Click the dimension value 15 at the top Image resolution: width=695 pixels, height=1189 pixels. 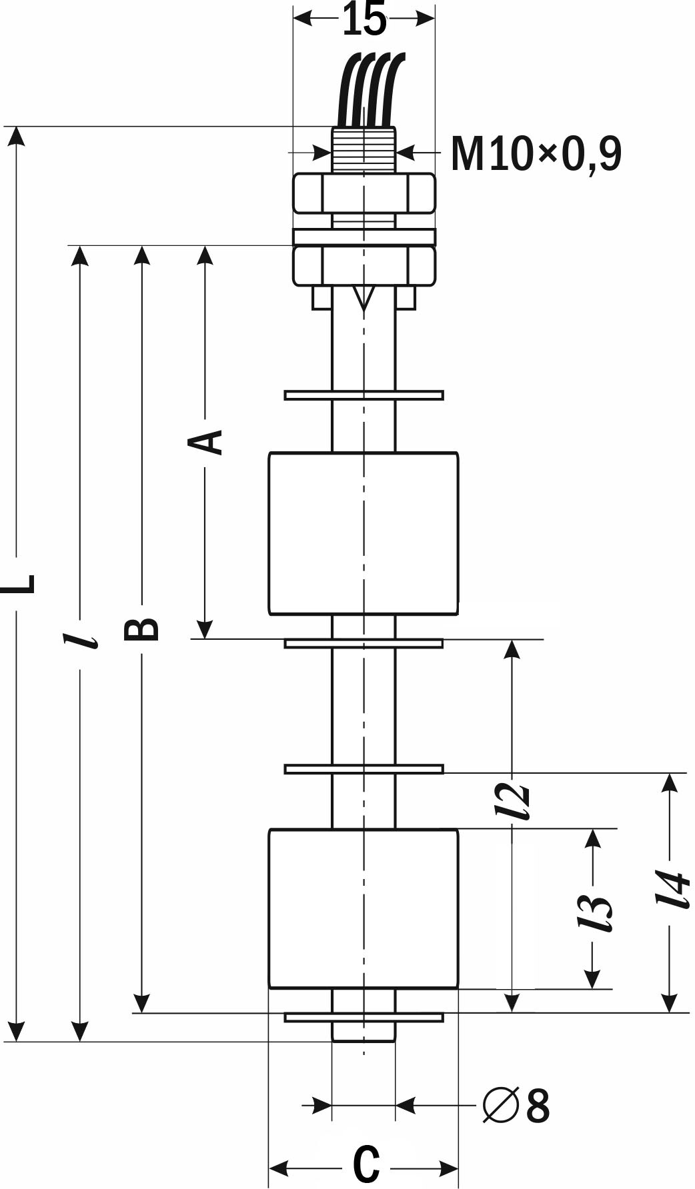364,19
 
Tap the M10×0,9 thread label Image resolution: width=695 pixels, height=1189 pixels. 536,154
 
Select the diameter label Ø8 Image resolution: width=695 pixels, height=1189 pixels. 516,1106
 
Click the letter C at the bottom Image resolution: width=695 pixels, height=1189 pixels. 366,1164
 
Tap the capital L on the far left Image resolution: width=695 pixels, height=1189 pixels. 17,583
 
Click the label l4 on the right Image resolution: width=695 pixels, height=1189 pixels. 672,889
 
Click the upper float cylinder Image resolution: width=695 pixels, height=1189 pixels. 364,533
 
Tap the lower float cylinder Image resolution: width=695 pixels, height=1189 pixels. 364,909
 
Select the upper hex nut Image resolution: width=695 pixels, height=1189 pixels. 364,193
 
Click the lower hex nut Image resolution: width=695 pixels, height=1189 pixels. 364,266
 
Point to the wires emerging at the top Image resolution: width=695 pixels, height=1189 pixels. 371,90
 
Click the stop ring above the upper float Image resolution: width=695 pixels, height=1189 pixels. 364,395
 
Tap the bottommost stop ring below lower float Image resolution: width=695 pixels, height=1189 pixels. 364,1017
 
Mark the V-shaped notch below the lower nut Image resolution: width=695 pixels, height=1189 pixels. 364,299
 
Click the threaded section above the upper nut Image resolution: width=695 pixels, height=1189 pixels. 364,150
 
